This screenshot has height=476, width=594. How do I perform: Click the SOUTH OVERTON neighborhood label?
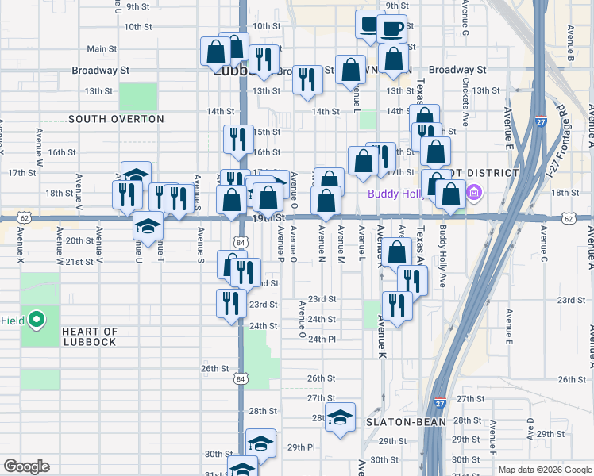[116, 119]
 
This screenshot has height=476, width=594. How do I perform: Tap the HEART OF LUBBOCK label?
[90, 337]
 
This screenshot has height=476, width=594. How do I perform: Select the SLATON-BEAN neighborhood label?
[404, 422]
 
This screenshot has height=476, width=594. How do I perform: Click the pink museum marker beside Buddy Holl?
[475, 192]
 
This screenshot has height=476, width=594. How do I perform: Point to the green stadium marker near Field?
[36, 321]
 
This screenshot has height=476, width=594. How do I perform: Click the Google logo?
[26, 466]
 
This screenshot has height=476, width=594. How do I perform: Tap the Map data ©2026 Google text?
[544, 470]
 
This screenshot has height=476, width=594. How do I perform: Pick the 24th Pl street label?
[322, 339]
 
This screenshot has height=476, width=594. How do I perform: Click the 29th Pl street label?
[301, 447]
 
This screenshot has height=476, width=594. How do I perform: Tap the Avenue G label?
[465, 25]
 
